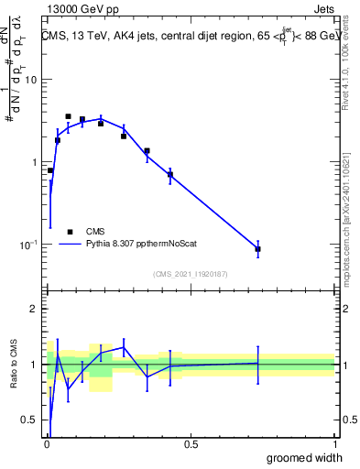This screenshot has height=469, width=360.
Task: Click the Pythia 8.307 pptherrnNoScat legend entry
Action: click(x=146, y=245)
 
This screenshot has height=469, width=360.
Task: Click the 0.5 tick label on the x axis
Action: click(x=191, y=444)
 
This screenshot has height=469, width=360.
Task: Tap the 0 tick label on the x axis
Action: click(x=47, y=444)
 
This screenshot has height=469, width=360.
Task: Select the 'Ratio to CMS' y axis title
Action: click(x=14, y=365)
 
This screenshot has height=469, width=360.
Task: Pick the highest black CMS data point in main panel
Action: click(x=68, y=116)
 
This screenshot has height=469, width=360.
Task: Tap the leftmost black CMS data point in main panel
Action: click(x=50, y=170)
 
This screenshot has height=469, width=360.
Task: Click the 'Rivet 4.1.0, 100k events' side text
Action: click(x=352, y=82)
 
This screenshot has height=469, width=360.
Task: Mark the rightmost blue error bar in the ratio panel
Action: click(x=258, y=364)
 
